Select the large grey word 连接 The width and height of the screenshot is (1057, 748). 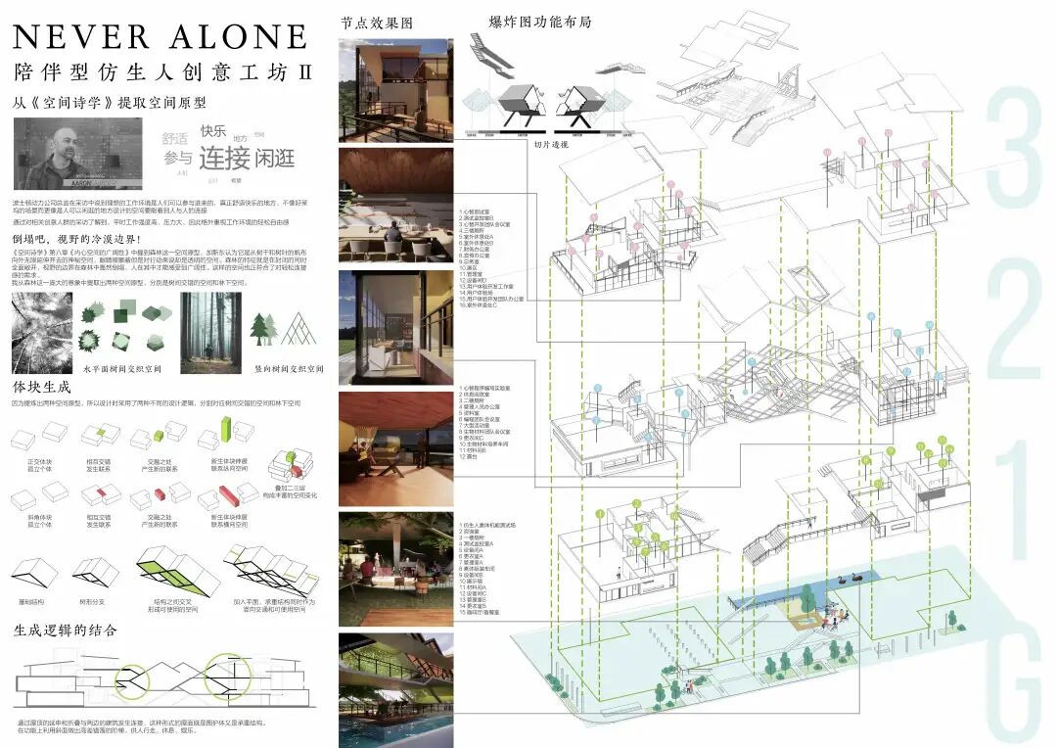[225, 157]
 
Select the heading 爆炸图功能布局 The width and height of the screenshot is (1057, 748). [539, 22]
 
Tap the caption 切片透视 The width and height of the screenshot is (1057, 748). [550, 144]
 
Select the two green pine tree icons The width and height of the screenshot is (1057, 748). [265, 329]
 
